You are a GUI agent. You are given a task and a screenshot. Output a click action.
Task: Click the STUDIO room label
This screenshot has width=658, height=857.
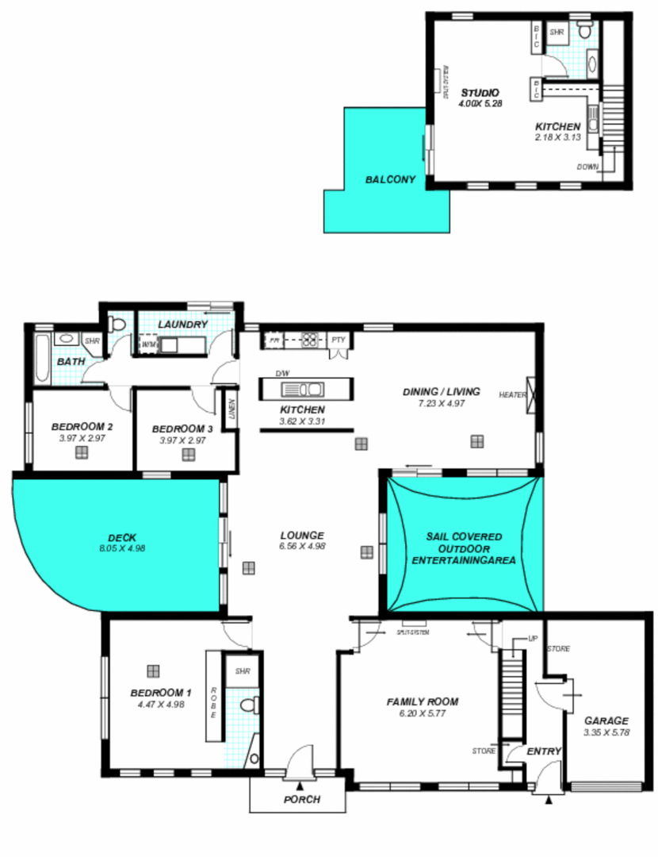480,92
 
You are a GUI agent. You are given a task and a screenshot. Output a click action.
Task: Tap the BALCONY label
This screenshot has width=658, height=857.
390,180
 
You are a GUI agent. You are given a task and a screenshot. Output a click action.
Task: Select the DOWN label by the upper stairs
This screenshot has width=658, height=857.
587,167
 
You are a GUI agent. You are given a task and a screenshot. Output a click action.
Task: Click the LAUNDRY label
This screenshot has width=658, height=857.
182,325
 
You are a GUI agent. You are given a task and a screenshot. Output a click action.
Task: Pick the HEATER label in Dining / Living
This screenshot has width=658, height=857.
511,394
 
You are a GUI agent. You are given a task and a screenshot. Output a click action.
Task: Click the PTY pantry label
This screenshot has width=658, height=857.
339,340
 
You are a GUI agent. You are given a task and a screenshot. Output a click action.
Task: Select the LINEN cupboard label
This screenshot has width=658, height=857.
231,409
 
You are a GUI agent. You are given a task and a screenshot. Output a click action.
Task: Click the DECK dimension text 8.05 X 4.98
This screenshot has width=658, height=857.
121,548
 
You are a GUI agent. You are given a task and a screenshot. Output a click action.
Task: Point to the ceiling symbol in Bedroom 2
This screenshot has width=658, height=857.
81,453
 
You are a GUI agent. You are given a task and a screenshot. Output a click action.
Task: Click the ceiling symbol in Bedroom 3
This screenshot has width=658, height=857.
189,455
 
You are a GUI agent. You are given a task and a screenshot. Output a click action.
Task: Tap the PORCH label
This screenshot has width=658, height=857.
302,799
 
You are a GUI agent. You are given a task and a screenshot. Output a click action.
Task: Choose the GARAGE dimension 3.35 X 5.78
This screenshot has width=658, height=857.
606,732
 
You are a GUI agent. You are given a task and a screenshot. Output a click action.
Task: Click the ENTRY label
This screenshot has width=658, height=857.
544,751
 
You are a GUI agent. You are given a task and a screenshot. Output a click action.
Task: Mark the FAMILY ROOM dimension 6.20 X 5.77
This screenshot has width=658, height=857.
422,713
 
